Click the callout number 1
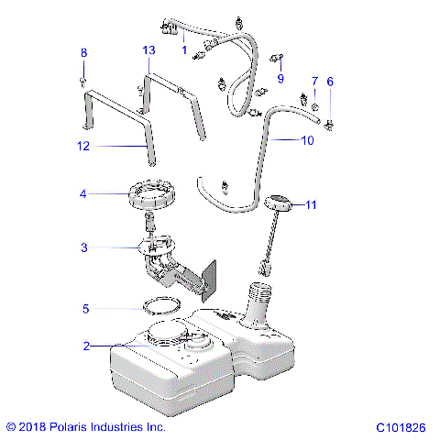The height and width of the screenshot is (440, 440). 183,50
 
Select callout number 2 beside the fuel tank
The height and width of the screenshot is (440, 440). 85,346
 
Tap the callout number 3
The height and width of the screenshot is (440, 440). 83,247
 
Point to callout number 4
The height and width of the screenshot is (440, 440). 82,193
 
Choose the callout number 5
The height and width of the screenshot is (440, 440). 85,309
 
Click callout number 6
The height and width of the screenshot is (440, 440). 330,82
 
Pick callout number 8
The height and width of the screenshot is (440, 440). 83,53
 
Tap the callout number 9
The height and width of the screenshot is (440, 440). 280,79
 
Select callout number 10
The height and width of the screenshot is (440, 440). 306,140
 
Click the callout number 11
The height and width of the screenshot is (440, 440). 311,205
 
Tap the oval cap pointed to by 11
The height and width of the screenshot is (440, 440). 276,201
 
